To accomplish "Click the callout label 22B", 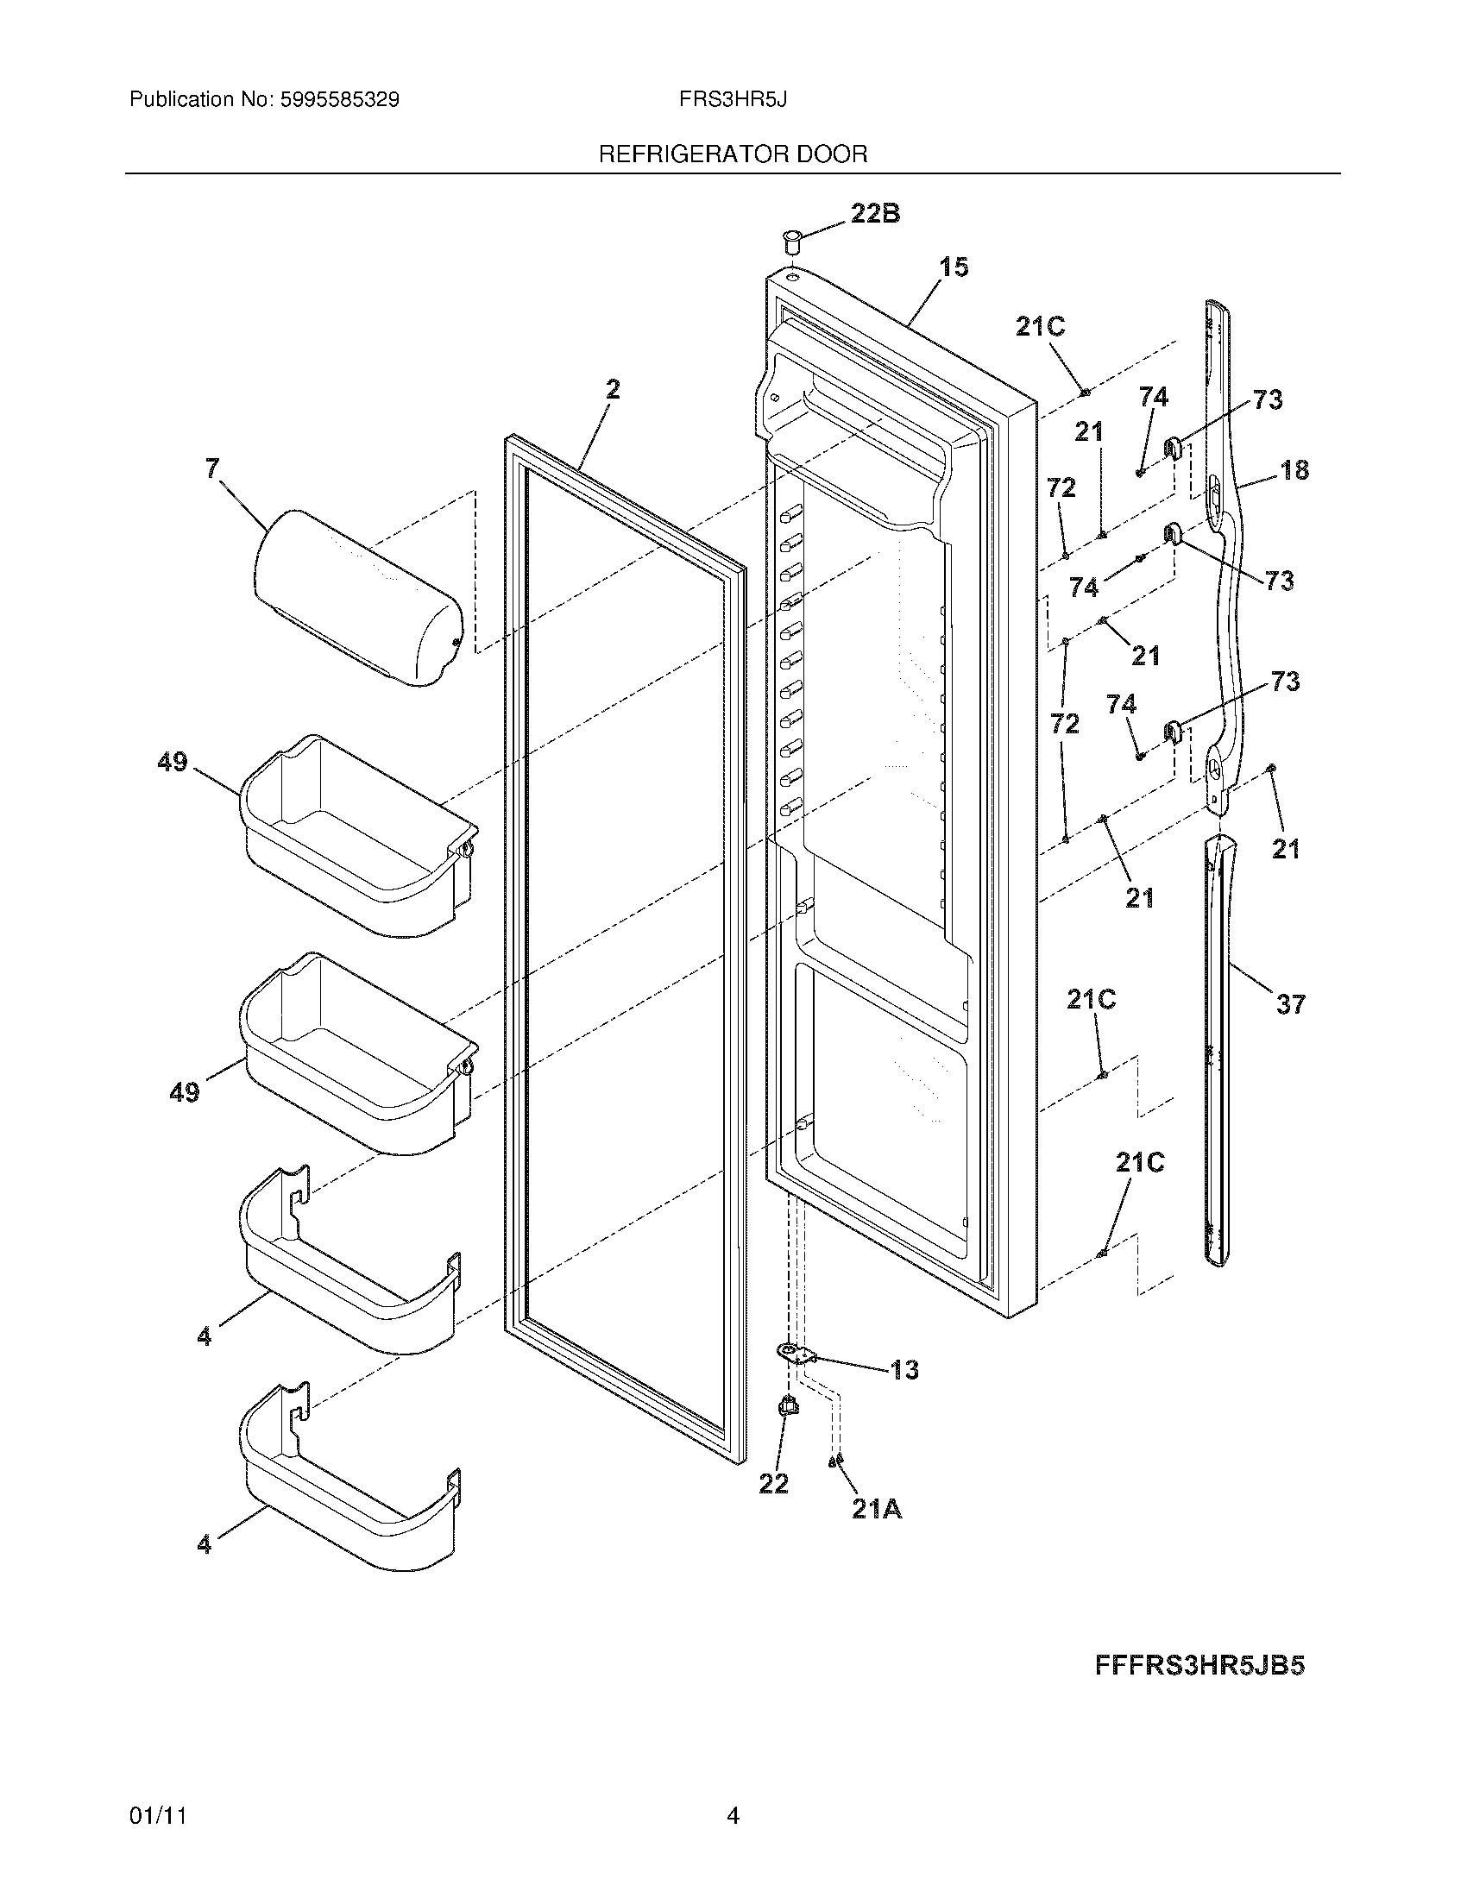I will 874,214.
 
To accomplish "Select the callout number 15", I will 954,267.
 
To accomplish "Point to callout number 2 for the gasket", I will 613,390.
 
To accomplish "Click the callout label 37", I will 1290,1004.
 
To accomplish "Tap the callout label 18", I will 1294,470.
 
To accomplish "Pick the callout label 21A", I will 876,1511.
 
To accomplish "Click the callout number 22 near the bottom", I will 773,1485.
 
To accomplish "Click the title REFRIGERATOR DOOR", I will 733,154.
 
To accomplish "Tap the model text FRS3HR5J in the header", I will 733,100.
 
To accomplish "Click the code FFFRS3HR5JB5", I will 1199,1666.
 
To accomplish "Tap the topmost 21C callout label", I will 1041,328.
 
